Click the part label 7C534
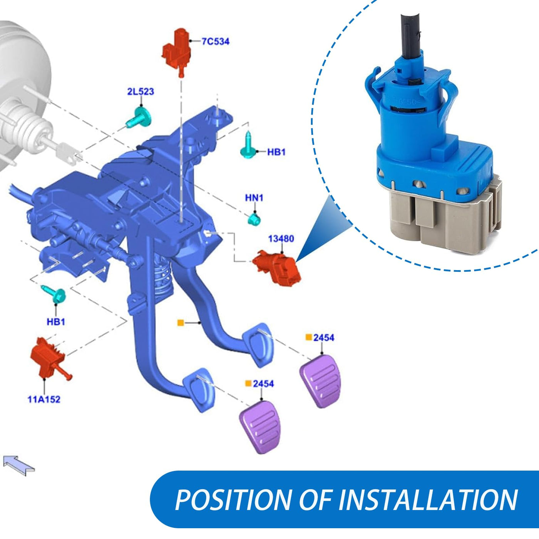pos(215,42)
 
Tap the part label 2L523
pos(141,92)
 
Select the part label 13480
pos(281,239)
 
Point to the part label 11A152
pos(44,399)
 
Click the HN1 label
pos(254,198)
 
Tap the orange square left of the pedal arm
pos(181,323)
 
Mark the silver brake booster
pos(25,98)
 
